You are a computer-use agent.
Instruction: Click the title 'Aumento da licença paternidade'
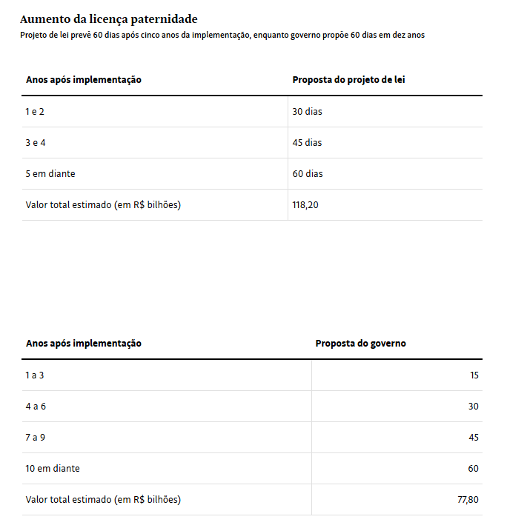click(109, 19)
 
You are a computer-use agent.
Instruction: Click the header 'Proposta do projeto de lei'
click(348, 80)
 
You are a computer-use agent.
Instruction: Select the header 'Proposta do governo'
click(360, 344)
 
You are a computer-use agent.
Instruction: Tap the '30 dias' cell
click(308, 112)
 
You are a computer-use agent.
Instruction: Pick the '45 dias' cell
click(308, 143)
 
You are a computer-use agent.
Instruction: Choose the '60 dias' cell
click(308, 174)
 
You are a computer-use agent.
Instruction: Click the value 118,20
click(305, 205)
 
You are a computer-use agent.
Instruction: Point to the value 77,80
click(468, 500)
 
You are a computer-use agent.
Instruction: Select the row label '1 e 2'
click(36, 112)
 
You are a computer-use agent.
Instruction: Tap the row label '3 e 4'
click(36, 143)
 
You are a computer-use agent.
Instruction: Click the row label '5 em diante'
click(50, 174)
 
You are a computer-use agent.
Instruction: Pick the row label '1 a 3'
click(35, 375)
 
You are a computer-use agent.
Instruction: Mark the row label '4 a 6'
click(36, 407)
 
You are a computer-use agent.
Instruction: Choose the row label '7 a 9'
click(36, 438)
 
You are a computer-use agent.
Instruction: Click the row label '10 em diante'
click(53, 469)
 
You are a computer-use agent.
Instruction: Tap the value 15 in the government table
click(474, 375)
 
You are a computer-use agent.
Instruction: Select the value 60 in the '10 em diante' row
click(474, 469)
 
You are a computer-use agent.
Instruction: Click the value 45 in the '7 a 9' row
click(474, 438)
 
